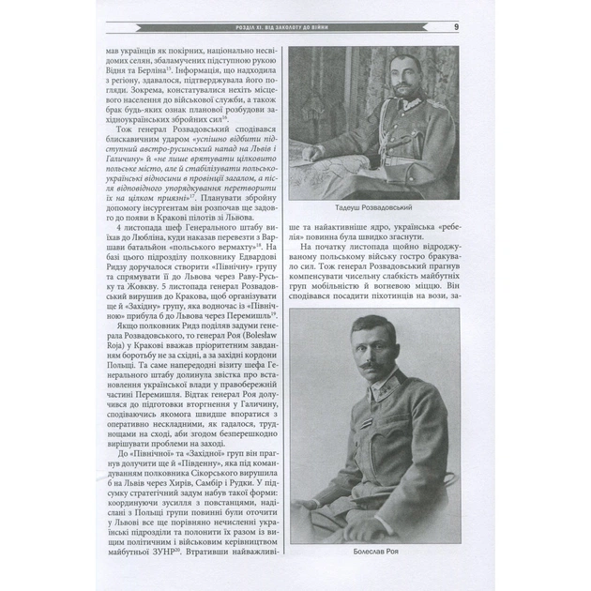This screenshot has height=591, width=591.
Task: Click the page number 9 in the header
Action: (455, 26)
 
